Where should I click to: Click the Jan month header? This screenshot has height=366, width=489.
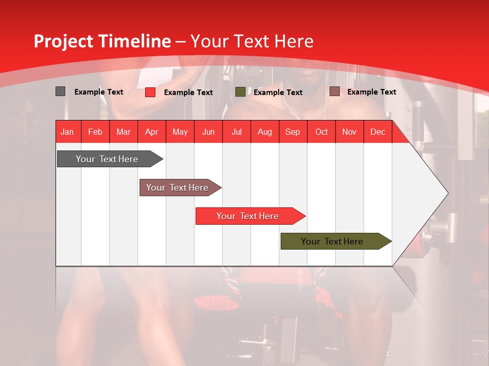[67, 132]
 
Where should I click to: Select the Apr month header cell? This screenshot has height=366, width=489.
[151, 132]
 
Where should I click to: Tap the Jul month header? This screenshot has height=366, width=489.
[236, 132]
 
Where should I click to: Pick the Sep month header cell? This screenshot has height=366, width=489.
[292, 132]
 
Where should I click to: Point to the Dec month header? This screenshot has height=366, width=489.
[377, 132]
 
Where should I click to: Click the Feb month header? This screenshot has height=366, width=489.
[95, 132]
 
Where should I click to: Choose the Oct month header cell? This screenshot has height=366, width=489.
[321, 132]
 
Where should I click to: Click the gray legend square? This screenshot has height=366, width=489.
[60, 91]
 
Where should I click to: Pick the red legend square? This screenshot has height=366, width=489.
[150, 92]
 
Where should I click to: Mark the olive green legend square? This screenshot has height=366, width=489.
[240, 92]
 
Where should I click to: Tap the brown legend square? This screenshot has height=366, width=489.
[334, 91]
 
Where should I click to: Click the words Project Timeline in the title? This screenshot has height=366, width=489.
[102, 41]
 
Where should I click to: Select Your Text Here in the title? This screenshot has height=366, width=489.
[252, 41]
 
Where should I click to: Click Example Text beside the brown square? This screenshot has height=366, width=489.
[371, 92]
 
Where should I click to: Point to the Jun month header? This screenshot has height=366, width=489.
[208, 132]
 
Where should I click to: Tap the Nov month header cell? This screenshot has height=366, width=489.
[349, 132]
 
